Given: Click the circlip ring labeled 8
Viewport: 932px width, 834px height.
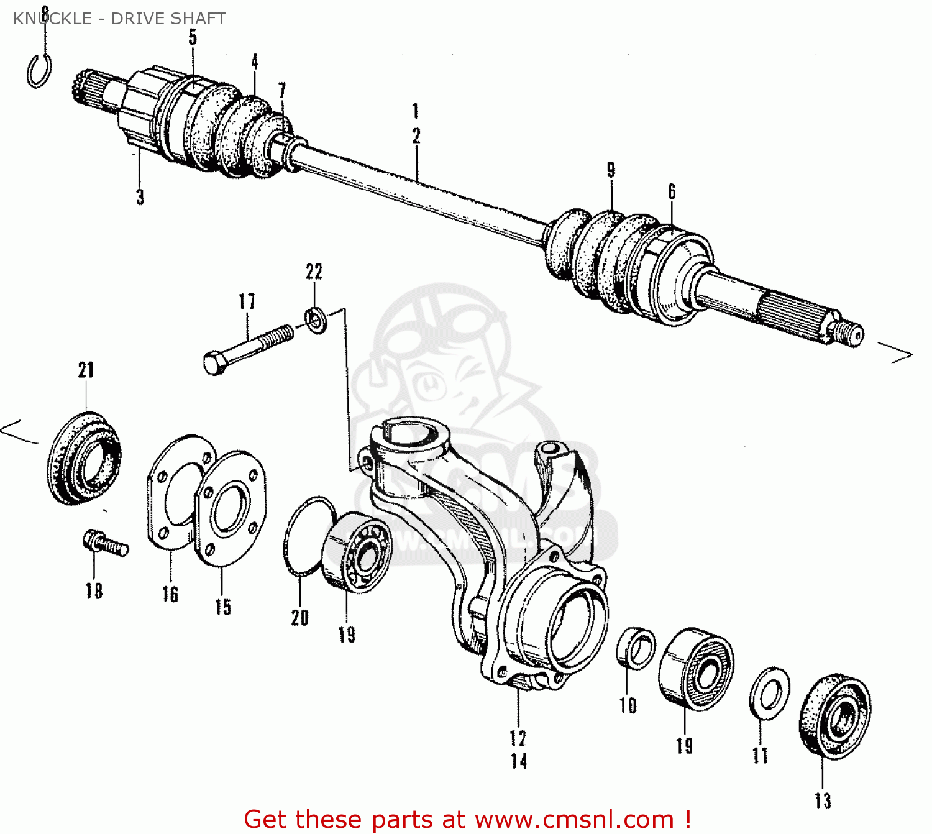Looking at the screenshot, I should tap(39, 71).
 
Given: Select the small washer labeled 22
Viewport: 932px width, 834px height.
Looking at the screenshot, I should tap(316, 321).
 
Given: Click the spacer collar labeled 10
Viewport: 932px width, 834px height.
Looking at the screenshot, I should tap(636, 648).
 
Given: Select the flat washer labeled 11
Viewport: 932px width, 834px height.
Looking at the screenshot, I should tap(770, 693).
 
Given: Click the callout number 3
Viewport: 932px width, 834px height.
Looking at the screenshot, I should tap(140, 197).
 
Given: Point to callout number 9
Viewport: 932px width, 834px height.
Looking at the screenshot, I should tap(611, 170).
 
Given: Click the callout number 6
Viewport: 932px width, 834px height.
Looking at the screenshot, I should tap(672, 191).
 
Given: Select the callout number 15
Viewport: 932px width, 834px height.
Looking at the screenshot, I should tap(223, 607).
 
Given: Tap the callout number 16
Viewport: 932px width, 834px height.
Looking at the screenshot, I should tap(170, 594).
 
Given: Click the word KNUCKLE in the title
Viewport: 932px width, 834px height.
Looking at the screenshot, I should tap(52, 19).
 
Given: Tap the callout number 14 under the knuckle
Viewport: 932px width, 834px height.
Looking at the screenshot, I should tap(519, 761).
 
